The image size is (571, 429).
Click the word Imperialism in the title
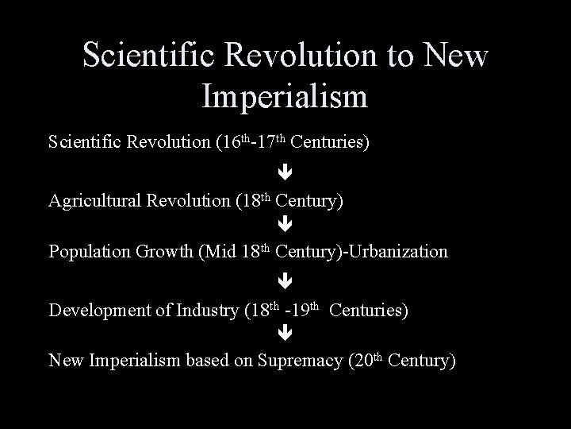(x=285, y=97)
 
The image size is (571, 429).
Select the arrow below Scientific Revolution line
(x=285, y=171)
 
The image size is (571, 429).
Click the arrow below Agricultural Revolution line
(x=285, y=225)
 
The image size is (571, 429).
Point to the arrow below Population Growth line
(x=285, y=280)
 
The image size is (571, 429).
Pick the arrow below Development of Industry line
(x=285, y=334)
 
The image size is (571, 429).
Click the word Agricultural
(x=95, y=201)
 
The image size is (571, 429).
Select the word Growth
(x=169, y=253)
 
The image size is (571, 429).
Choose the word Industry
(x=204, y=310)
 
